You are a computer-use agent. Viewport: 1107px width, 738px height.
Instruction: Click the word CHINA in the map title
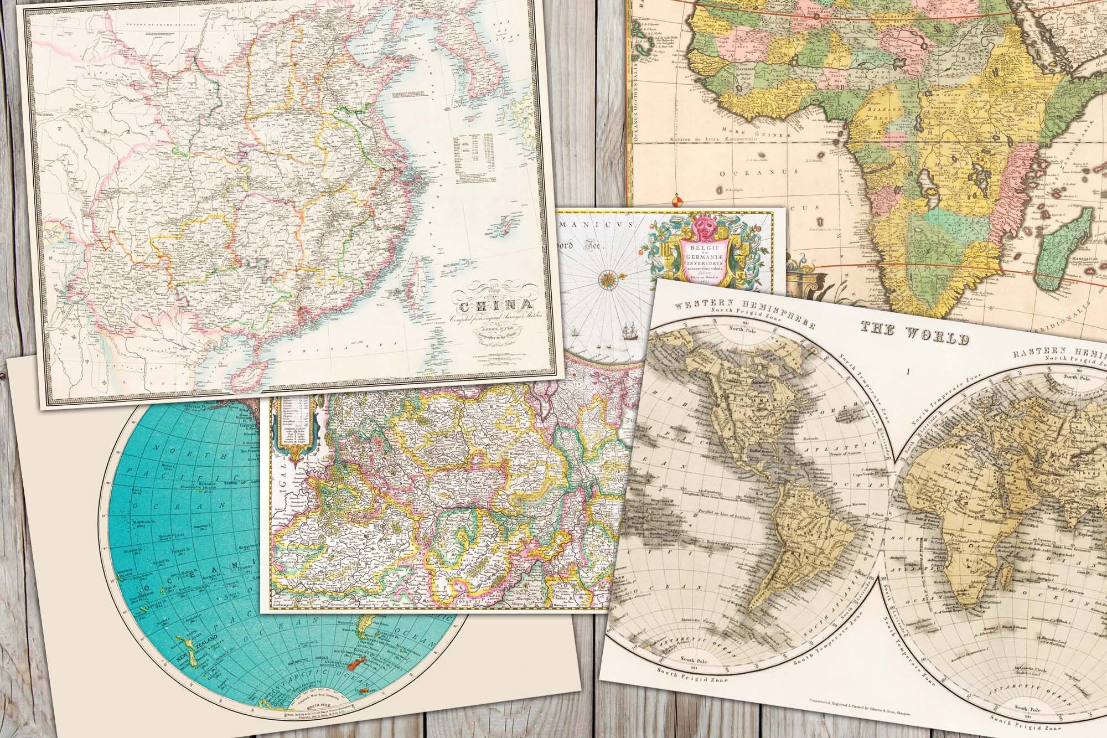[492, 306]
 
